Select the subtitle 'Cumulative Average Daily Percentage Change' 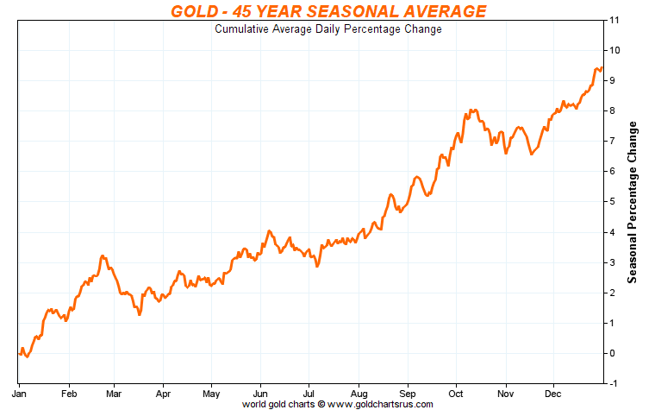(x=327, y=29)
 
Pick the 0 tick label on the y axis (x=612, y=353)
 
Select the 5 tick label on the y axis (x=612, y=202)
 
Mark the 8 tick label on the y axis (x=612, y=110)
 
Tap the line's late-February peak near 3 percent (x=103, y=256)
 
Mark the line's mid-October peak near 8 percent (x=472, y=110)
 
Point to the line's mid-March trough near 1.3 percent (x=139, y=314)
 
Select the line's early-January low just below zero (x=27, y=356)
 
